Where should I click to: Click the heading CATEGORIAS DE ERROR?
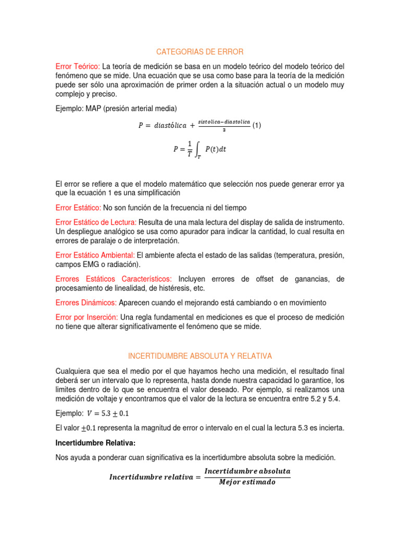tap(200, 52)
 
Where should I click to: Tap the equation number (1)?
tap(256, 126)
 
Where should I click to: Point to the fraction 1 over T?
tap(189, 149)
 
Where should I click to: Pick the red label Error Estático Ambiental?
tap(95, 255)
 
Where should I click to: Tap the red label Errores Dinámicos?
tap(86, 302)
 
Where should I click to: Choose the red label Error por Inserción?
tap(86, 317)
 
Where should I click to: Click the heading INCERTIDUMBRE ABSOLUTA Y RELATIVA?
tap(200, 356)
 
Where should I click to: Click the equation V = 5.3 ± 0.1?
tap(108, 414)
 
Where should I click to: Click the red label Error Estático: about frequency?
tap(78, 207)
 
